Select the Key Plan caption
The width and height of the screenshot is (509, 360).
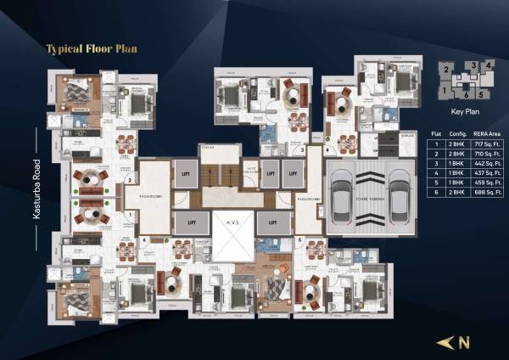click(x=462, y=111)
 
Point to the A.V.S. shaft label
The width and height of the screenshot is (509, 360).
click(x=230, y=223)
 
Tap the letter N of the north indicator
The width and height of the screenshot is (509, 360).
click(x=466, y=344)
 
